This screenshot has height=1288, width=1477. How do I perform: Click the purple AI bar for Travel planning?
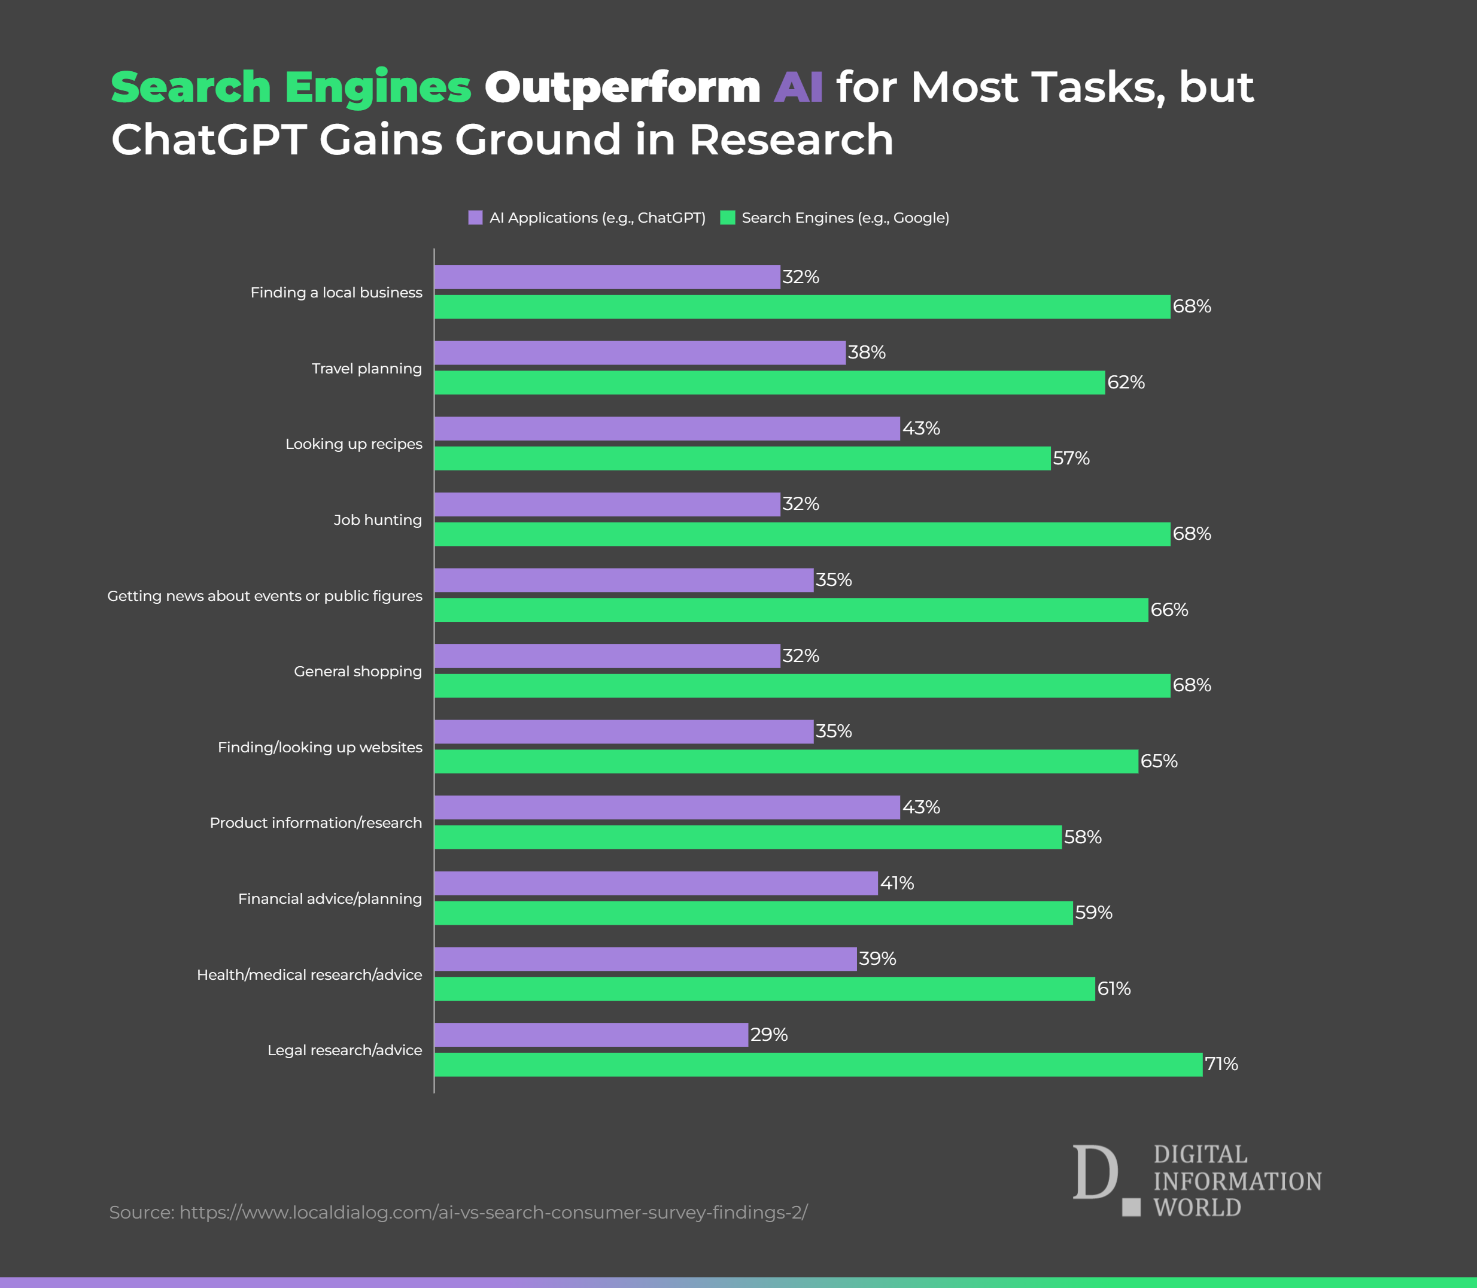pos(640,353)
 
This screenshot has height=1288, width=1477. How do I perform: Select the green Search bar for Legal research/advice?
pos(818,1065)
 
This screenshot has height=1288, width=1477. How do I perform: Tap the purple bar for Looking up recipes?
pos(667,429)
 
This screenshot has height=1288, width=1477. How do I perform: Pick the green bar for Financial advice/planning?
pos(753,913)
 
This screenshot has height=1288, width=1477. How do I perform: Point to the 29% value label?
pos(769,1034)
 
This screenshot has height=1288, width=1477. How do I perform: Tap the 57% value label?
pos(1071,458)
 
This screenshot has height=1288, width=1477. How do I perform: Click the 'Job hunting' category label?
pos(378,520)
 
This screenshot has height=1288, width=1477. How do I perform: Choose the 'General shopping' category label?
pos(358,672)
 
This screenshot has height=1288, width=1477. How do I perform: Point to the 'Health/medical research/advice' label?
pos(309,974)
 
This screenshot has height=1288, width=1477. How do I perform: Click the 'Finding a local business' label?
pos(336,293)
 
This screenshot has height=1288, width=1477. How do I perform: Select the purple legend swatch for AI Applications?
pos(475,218)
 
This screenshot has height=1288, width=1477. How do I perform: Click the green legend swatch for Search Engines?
pos(727,218)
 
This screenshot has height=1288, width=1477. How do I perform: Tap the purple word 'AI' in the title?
pos(798,88)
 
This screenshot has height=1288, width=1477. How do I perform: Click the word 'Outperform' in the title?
pos(622,88)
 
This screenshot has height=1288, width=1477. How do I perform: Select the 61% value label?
pos(1113,988)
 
